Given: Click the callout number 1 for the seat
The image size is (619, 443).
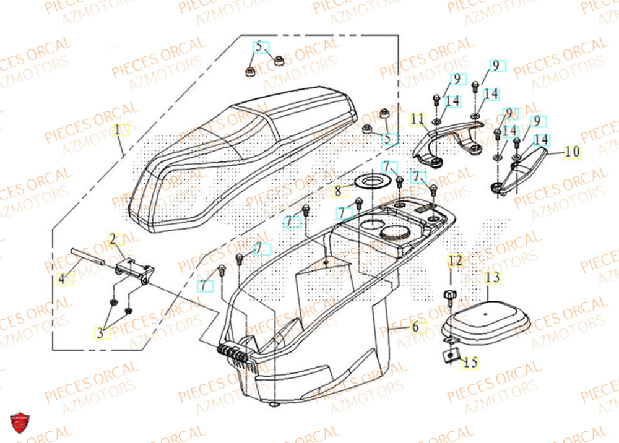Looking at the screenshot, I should pyautogui.click(x=118, y=131).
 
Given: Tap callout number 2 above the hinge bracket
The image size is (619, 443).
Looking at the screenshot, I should pyautogui.click(x=113, y=238).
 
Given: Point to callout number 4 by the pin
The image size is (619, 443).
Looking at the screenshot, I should pyautogui.click(x=62, y=278).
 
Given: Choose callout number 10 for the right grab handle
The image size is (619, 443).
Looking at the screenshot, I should pyautogui.click(x=572, y=151).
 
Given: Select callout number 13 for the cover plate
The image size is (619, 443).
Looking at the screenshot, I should pyautogui.click(x=491, y=278).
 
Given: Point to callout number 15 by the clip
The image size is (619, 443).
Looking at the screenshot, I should pyautogui.click(x=470, y=363).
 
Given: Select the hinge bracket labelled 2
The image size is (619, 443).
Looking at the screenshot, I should pyautogui.click(x=133, y=272).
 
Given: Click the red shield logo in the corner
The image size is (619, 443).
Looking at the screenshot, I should pyautogui.click(x=20, y=424).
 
